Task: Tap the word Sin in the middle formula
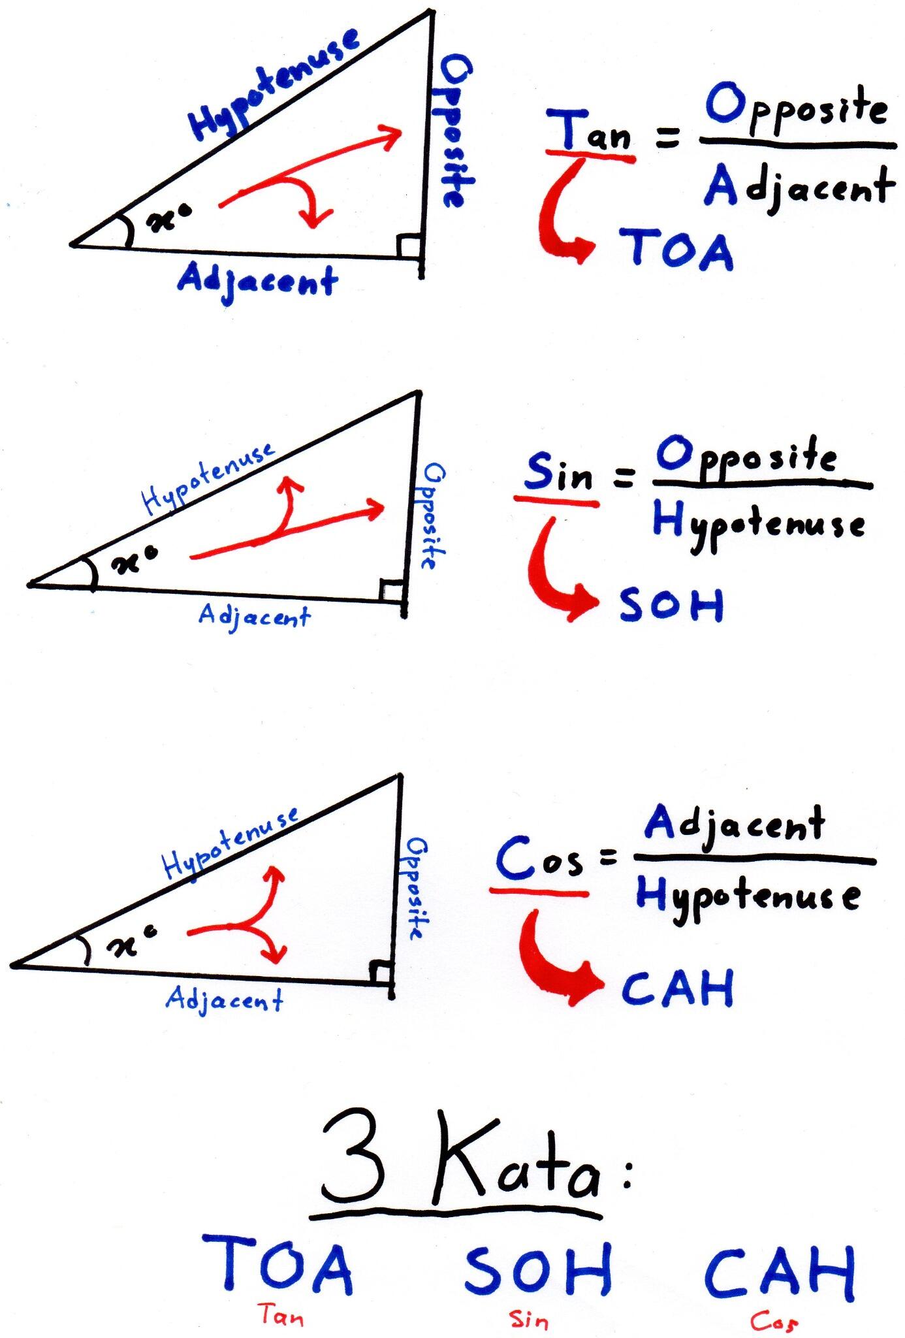click(558, 472)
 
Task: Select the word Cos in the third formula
click(539, 860)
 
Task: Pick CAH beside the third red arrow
click(677, 988)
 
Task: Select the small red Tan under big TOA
click(281, 1313)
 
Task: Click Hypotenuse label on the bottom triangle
click(230, 844)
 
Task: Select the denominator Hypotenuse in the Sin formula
click(759, 527)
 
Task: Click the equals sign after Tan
click(667, 138)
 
